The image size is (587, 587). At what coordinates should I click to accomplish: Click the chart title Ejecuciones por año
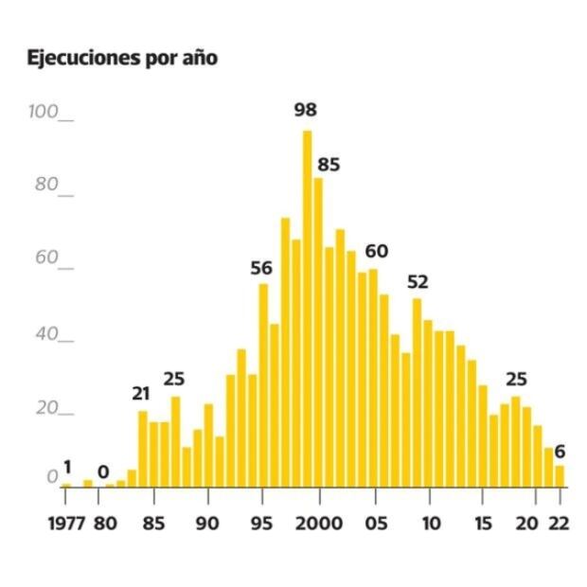[124, 58]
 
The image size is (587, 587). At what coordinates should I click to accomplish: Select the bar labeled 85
[318, 331]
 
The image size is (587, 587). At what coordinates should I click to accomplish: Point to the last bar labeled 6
[560, 474]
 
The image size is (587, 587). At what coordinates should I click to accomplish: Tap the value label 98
[306, 110]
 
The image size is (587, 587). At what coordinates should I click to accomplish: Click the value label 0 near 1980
[103, 471]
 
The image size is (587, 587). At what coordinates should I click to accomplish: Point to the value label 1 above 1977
[67, 466]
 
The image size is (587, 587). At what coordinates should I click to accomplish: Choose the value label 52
[418, 281]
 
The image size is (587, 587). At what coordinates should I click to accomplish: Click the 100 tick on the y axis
[45, 112]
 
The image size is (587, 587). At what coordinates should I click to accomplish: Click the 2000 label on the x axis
[318, 524]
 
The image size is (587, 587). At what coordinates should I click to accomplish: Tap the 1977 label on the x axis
[66, 524]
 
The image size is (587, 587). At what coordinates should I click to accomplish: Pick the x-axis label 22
[559, 524]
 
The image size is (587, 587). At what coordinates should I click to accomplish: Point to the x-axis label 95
[263, 524]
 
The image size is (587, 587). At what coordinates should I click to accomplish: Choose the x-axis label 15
[484, 524]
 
